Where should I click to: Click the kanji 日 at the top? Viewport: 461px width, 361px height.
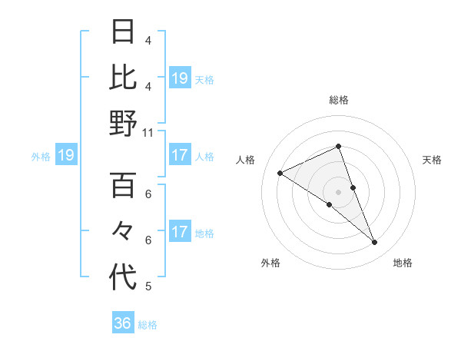124,32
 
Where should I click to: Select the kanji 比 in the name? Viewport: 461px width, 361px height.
124,78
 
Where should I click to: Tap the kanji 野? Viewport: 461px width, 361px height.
124,123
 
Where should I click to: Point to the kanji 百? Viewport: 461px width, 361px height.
124,185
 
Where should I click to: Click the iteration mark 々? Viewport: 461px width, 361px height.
124,231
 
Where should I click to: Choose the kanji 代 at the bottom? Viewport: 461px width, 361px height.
124,277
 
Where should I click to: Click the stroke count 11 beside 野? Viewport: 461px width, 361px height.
148,132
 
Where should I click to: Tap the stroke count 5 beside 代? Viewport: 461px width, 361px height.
148,286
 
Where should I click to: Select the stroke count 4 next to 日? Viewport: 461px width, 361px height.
148,40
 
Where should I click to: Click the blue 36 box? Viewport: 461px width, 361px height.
123,323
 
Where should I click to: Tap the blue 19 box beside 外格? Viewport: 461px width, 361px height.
65,156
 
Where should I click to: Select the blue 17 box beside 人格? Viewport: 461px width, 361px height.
179,155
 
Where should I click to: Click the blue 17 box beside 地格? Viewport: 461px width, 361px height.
179,232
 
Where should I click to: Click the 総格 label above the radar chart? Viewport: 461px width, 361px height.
338,100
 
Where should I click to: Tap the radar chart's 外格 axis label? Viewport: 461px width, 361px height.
270,263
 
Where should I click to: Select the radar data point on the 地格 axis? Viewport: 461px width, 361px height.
375,243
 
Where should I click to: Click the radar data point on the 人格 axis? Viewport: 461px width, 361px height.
280,174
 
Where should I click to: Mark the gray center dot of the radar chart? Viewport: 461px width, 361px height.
338,190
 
